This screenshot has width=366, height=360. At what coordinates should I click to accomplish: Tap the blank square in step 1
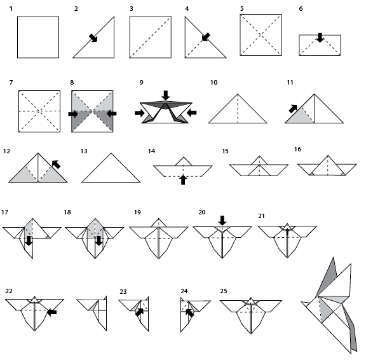tap(37, 38)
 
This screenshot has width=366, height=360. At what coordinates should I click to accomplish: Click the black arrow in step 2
tap(93, 38)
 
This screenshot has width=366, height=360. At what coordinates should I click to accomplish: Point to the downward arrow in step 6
tap(320, 38)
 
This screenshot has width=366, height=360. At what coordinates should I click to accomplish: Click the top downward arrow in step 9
tap(166, 95)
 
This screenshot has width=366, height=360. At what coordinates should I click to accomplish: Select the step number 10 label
tap(213, 83)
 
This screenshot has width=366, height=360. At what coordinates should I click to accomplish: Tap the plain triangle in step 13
tap(111, 170)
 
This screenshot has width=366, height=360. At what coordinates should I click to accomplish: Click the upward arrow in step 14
tap(183, 180)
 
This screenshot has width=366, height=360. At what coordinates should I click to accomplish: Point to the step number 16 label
tap(297, 149)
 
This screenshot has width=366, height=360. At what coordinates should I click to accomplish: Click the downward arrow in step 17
tap(29, 241)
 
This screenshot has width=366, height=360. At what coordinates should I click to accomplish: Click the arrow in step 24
tap(189, 312)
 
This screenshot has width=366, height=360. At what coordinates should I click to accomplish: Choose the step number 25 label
tap(224, 291)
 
